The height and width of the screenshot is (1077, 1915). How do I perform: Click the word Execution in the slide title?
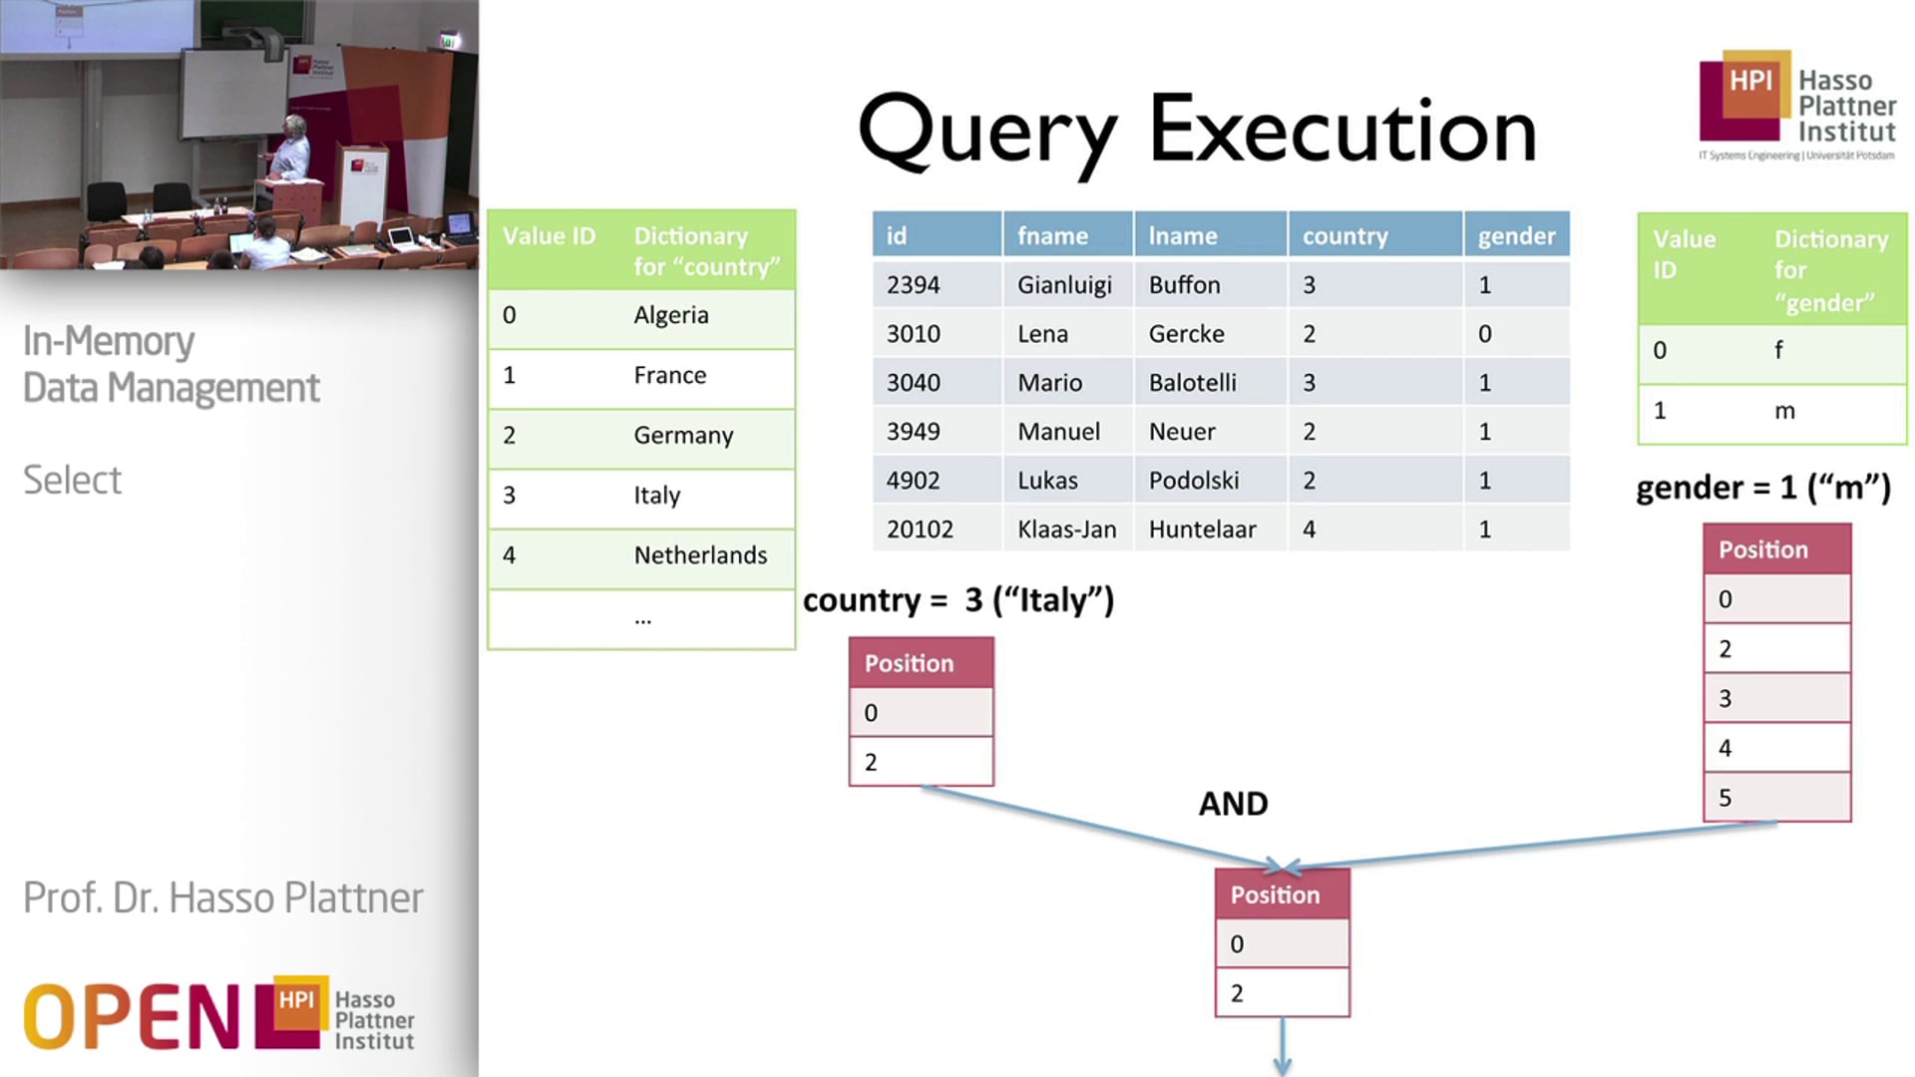1342,130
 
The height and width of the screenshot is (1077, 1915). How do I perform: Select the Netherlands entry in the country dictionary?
700,555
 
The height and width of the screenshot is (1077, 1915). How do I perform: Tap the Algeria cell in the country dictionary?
670,315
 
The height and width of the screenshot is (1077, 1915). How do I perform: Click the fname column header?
1052,236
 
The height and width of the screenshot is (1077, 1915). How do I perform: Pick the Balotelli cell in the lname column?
1192,383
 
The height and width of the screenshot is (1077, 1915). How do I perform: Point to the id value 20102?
920,530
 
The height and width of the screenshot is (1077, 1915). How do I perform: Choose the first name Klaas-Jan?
1066,530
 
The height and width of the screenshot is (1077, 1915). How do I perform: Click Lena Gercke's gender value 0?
1484,334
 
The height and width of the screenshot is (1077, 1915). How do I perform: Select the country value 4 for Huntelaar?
1309,530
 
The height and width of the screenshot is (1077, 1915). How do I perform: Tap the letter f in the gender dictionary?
1778,350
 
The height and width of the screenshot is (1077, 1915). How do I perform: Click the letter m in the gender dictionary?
1784,411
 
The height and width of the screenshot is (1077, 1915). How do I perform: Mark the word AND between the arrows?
1233,804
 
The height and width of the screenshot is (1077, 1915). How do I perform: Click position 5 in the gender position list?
1725,798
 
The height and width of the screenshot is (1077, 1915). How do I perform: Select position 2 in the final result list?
1237,993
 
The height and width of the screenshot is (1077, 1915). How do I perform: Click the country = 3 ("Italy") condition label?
957,600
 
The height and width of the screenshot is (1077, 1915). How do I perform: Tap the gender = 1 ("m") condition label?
1762,488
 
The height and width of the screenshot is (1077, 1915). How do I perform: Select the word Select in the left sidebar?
72,481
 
